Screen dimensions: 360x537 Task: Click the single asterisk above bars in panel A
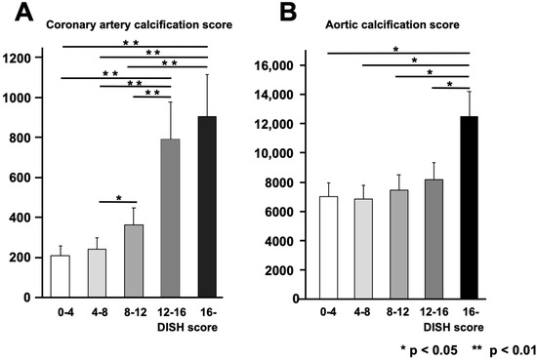click(x=118, y=199)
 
